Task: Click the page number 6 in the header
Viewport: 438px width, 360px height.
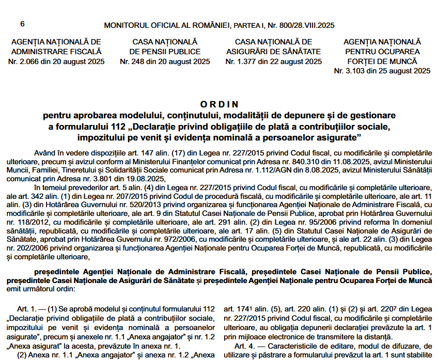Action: [x=22, y=24]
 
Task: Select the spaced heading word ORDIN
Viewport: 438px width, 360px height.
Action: [x=219, y=104]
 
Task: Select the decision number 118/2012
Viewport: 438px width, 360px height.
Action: [x=19, y=221]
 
